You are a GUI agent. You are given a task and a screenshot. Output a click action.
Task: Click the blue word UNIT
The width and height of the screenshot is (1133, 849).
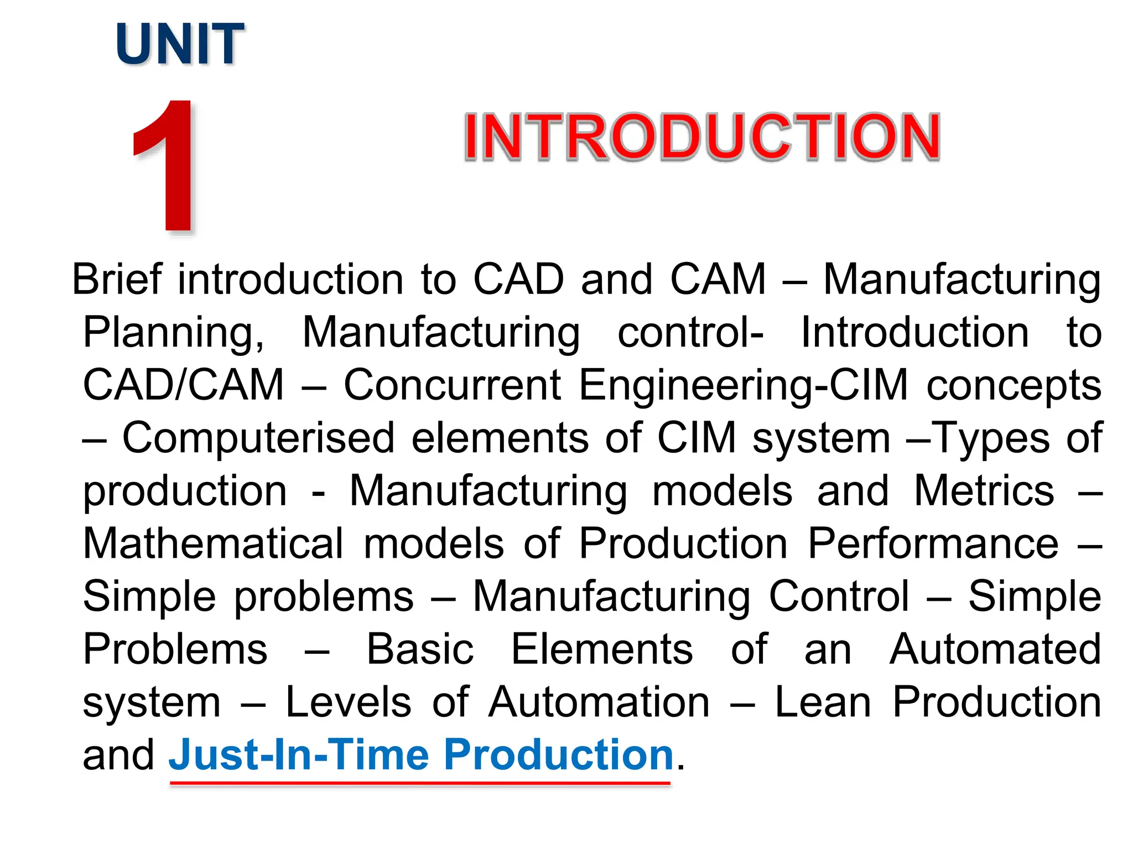point(180,44)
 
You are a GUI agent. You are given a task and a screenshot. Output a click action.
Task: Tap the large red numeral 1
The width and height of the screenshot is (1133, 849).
point(169,166)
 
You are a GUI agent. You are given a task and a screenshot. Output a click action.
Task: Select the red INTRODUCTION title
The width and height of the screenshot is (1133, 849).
point(701,137)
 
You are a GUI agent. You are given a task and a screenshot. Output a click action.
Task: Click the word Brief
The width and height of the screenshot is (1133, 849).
point(117,280)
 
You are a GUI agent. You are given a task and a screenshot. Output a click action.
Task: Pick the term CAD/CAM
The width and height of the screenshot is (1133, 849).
point(183,385)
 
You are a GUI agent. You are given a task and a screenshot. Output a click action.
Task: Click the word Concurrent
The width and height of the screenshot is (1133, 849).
point(452,385)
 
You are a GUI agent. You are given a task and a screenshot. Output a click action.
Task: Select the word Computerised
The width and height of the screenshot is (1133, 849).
point(258,438)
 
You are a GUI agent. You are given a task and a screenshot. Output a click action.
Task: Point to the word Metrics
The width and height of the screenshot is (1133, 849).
point(984,491)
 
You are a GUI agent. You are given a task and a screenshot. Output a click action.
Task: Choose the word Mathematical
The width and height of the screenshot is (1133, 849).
point(213,543)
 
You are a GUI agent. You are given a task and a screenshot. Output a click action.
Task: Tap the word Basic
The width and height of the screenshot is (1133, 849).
point(420,649)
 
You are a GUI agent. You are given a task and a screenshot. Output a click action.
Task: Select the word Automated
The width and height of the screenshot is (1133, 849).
point(995,649)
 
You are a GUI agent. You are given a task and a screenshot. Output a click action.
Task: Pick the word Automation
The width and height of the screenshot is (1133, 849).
point(599,703)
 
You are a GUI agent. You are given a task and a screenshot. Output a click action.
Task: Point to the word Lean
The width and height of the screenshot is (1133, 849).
point(823,703)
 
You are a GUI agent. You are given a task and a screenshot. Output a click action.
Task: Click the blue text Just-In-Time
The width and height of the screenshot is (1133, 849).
point(299,755)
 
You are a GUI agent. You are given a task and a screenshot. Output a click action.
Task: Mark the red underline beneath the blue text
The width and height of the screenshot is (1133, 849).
point(420,783)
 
